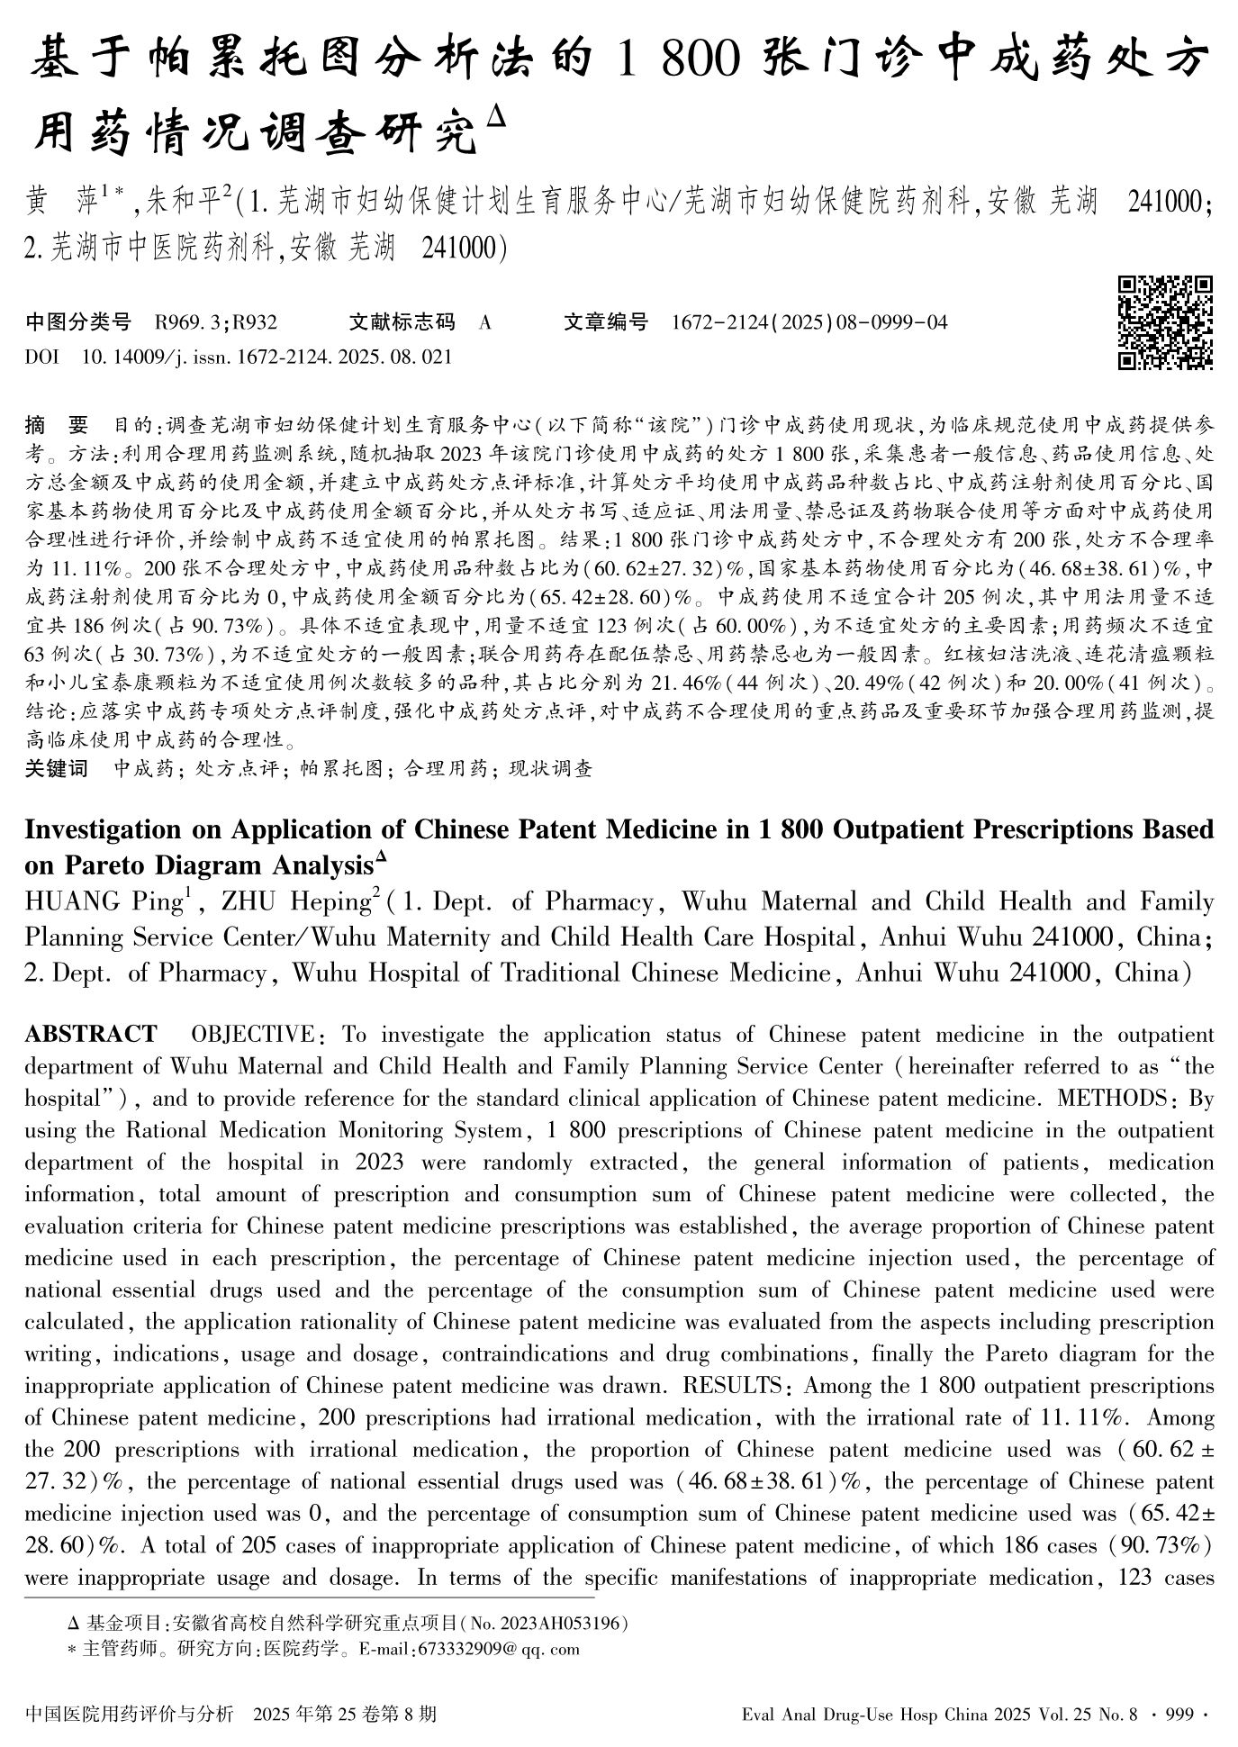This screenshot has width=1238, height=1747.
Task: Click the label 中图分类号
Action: pos(78,322)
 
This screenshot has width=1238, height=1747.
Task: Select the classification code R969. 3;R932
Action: pos(216,322)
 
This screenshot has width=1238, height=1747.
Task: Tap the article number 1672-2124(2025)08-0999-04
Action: pos(809,322)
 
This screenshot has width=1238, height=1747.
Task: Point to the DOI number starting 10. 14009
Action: pos(267,358)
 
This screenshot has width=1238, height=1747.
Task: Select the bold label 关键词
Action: pos(57,769)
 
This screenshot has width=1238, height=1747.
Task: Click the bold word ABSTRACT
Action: pos(91,1034)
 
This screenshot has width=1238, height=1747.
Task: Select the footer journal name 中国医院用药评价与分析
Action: pos(130,1714)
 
